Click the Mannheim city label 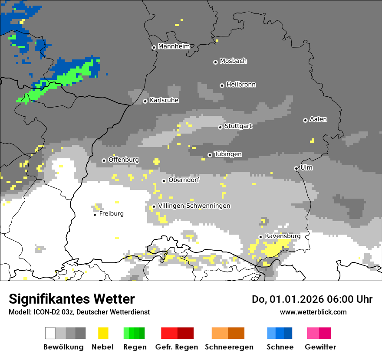174,46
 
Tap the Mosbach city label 233,61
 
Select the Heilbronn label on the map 241,85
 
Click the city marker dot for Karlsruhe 145,101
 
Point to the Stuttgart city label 238,126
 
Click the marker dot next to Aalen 305,120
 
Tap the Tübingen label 228,154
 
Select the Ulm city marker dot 296,168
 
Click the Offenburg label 124,160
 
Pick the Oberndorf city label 184,180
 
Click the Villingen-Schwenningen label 194,206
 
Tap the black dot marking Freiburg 95,215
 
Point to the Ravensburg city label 283,236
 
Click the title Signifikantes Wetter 72,299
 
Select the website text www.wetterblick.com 313,312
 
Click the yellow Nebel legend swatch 103,333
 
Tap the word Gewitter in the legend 320,347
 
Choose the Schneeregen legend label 229,347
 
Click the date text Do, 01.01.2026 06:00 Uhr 312,299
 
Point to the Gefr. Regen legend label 177,347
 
